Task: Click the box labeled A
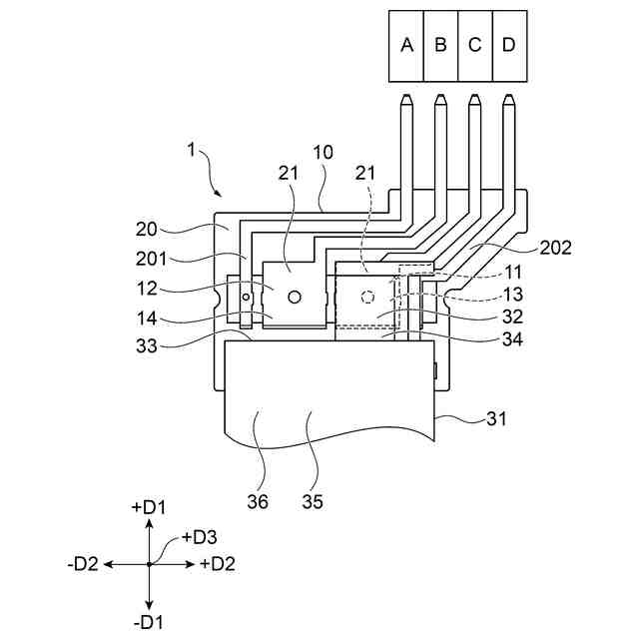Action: [x=406, y=46]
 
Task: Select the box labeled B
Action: [x=441, y=46]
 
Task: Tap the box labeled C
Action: [x=475, y=46]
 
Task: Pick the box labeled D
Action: [x=510, y=46]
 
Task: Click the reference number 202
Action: [x=555, y=248]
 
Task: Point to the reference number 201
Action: [x=151, y=259]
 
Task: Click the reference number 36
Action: [x=258, y=501]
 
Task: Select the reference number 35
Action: [x=313, y=501]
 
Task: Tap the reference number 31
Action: [x=496, y=418]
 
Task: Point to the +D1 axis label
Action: [x=149, y=507]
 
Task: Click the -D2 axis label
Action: [x=83, y=564]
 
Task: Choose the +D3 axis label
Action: [x=200, y=537]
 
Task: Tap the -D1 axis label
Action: [x=149, y=622]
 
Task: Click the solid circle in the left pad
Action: [x=295, y=297]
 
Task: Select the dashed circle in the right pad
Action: [x=367, y=297]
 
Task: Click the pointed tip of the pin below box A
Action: [x=406, y=96]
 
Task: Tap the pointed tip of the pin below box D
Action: [x=508, y=96]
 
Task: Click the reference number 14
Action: [x=147, y=319]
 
